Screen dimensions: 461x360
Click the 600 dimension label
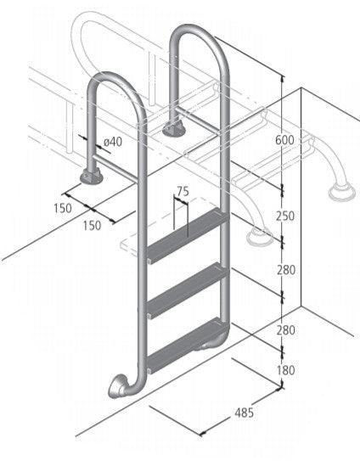click(x=285, y=142)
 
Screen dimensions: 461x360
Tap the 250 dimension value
click(x=285, y=216)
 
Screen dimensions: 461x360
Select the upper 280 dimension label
click(x=285, y=270)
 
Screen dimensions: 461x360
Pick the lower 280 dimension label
click(x=285, y=329)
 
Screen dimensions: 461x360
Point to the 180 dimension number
click(x=285, y=369)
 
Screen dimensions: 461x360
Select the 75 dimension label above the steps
click(x=183, y=192)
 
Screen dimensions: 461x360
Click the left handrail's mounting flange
click(x=90, y=176)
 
